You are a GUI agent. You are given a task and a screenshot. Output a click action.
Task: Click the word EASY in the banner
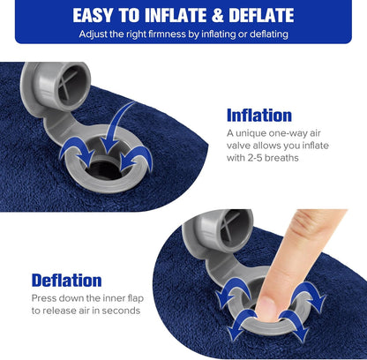100,15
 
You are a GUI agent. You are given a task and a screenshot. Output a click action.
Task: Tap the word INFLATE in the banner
185,15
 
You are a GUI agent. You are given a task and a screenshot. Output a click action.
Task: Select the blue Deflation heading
67,281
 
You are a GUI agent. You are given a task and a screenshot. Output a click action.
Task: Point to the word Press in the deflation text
45,298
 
